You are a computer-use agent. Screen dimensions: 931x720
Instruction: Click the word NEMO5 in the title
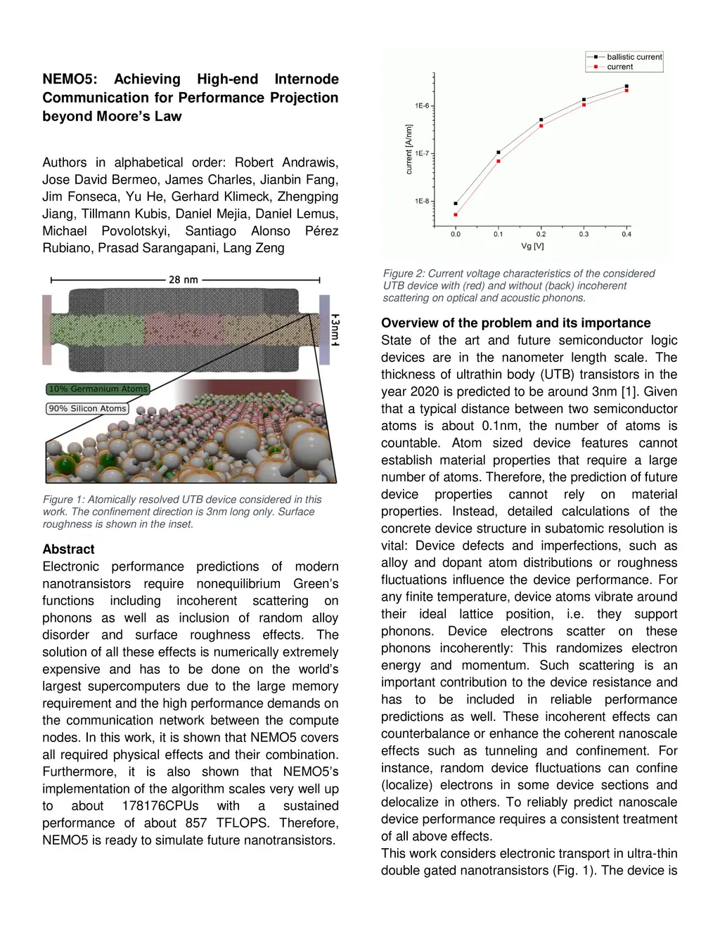pyautogui.click(x=70, y=79)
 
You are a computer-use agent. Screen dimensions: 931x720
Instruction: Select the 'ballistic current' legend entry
pyautogui.click(x=634, y=57)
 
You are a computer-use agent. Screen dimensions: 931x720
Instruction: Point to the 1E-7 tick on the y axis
pyautogui.click(x=423, y=153)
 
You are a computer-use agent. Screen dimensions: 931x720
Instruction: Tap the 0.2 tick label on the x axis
pyautogui.click(x=541, y=234)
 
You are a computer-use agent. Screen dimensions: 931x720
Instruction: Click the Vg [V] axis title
pyautogui.click(x=532, y=247)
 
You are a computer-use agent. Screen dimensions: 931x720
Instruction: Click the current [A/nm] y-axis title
pyautogui.click(x=409, y=150)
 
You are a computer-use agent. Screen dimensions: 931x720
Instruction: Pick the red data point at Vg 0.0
pyautogui.click(x=456, y=215)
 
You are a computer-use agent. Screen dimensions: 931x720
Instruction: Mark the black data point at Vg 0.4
pyautogui.click(x=626, y=86)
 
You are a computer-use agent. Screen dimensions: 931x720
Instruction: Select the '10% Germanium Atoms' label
pyautogui.click(x=98, y=389)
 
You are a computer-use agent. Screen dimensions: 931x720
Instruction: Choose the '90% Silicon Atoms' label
pyautogui.click(x=88, y=408)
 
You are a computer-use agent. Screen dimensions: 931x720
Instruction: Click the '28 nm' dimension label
pyautogui.click(x=184, y=280)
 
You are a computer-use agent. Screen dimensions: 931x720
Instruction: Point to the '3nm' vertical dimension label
pyautogui.click(x=335, y=330)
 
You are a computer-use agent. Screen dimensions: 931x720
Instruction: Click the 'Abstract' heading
pyautogui.click(x=68, y=549)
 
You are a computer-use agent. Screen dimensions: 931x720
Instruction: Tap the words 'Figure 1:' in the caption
pyautogui.click(x=63, y=500)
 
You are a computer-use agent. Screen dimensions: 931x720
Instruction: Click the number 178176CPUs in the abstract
pyautogui.click(x=160, y=806)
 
